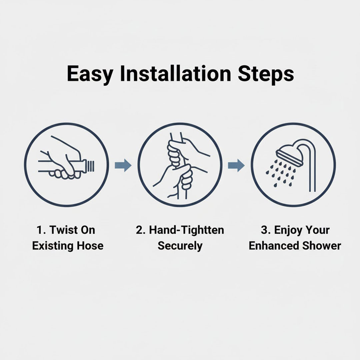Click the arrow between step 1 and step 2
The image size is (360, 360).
pos(123,165)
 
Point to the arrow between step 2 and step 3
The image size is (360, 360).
pos(236,165)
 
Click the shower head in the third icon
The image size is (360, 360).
pos(289,153)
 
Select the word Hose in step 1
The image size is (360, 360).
pos(90,246)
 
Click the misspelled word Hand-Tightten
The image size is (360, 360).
pos(186,230)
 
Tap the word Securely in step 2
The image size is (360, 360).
pos(180,246)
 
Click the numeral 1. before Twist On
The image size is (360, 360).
pos(42,230)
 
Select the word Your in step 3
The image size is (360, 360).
pos(317,230)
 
